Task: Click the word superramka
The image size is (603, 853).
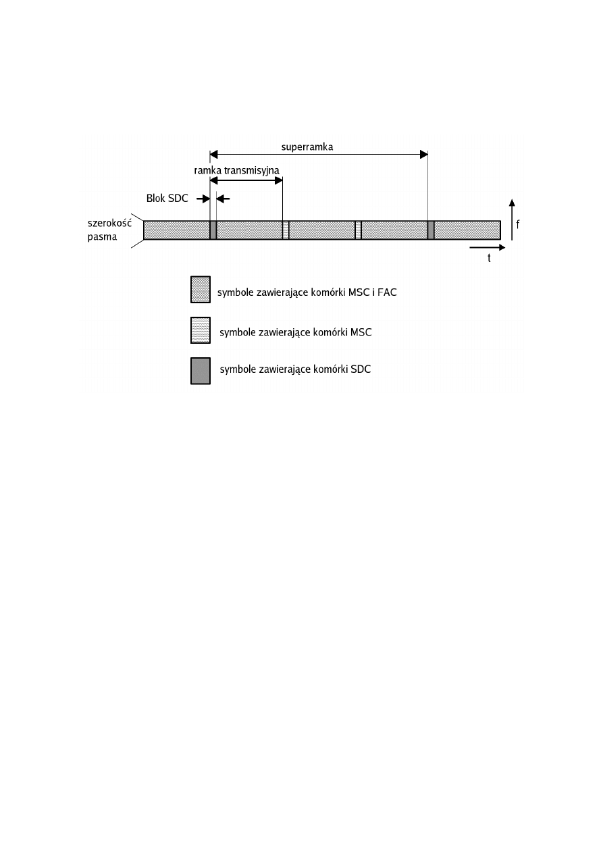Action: pos(307,146)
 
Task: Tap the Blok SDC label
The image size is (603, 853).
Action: pos(167,199)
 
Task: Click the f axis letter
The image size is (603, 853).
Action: pos(518,224)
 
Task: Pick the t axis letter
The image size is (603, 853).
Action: pos(489,258)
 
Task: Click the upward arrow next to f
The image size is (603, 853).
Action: pos(512,223)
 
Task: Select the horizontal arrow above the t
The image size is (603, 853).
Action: pos(487,247)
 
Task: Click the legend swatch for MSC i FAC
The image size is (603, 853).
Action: pos(201,289)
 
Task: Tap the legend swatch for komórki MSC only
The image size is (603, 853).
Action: pos(201,331)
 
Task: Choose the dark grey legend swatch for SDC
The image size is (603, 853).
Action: pos(201,371)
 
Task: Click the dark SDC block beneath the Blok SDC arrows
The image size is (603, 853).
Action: pos(213,230)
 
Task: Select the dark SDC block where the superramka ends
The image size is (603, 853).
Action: pos(431,230)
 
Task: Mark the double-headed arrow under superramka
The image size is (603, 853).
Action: pos(319,155)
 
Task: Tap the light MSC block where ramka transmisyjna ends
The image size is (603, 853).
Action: pos(286,230)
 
